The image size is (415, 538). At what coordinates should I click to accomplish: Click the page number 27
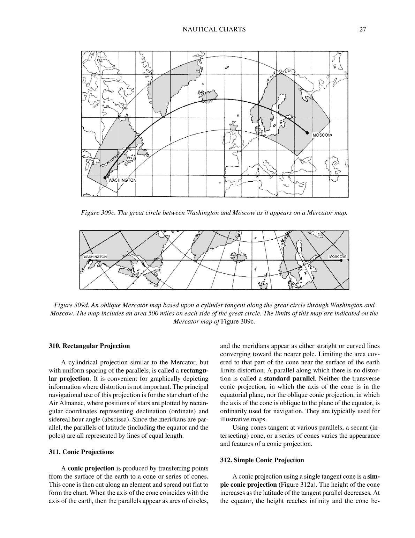pyautogui.click(x=362, y=30)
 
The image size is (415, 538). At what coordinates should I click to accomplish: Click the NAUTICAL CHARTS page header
pyautogui.click(x=214, y=30)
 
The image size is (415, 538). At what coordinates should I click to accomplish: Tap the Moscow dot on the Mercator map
pyautogui.click(x=307, y=133)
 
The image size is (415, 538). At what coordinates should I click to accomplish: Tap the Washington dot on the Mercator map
pyautogui.click(x=105, y=177)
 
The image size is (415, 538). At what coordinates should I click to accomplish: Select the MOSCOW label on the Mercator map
pyautogui.click(x=322, y=135)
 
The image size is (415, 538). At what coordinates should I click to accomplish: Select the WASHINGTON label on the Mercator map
pyautogui.click(x=122, y=180)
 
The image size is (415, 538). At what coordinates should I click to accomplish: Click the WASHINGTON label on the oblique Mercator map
pyautogui.click(x=95, y=257)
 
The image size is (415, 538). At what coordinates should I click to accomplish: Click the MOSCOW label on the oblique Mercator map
pyautogui.click(x=337, y=257)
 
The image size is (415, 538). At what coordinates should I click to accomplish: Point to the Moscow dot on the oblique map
pyautogui.click(x=341, y=260)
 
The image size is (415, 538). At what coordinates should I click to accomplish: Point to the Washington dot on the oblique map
pyautogui.click(x=90, y=260)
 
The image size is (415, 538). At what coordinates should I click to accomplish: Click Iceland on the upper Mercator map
pyautogui.click(x=208, y=95)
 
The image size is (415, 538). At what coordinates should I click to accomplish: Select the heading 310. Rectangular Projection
pyautogui.click(x=89, y=346)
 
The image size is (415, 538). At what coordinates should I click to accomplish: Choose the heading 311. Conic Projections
pyautogui.click(x=81, y=452)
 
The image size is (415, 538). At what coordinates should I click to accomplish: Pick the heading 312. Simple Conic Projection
pyautogui.click(x=262, y=460)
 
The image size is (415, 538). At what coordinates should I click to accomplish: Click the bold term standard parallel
pyautogui.click(x=289, y=379)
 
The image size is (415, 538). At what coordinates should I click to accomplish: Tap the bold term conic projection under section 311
pyautogui.click(x=91, y=468)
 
